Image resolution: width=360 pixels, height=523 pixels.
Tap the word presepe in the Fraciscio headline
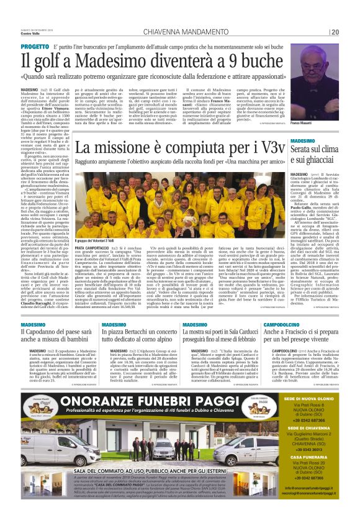click(x=322, y=341)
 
